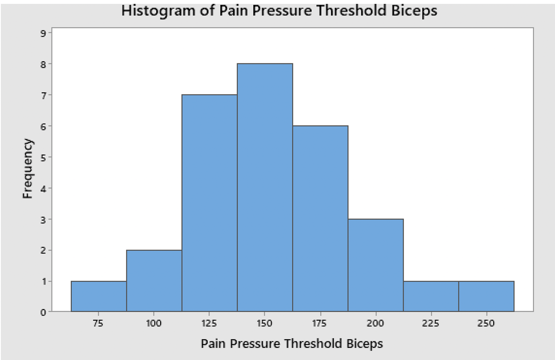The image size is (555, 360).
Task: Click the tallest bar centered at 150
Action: [x=265, y=187]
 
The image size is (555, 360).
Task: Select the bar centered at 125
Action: [x=209, y=203]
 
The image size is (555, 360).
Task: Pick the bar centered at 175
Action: [x=320, y=218]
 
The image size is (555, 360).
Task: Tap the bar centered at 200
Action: [x=375, y=265]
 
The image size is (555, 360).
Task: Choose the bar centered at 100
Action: [x=154, y=281]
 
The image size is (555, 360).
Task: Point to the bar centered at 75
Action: [x=99, y=296]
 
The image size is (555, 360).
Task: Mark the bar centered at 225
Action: [x=431, y=296]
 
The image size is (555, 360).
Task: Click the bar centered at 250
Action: [x=486, y=296]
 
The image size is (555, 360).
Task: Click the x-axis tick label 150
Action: [x=265, y=323]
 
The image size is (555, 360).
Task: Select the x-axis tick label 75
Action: [x=99, y=323]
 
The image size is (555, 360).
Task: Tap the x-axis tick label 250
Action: [x=486, y=323]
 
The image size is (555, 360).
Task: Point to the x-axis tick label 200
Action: [x=375, y=323]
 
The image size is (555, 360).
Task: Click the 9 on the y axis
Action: [x=43, y=33]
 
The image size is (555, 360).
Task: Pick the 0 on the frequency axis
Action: [x=43, y=312]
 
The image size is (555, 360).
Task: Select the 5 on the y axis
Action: [x=43, y=157]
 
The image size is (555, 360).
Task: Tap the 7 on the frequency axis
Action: [x=43, y=95]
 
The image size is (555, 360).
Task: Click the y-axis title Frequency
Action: [x=28, y=168]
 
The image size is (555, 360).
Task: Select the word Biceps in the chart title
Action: [x=415, y=10]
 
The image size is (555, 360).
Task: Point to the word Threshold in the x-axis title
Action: [x=315, y=344]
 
